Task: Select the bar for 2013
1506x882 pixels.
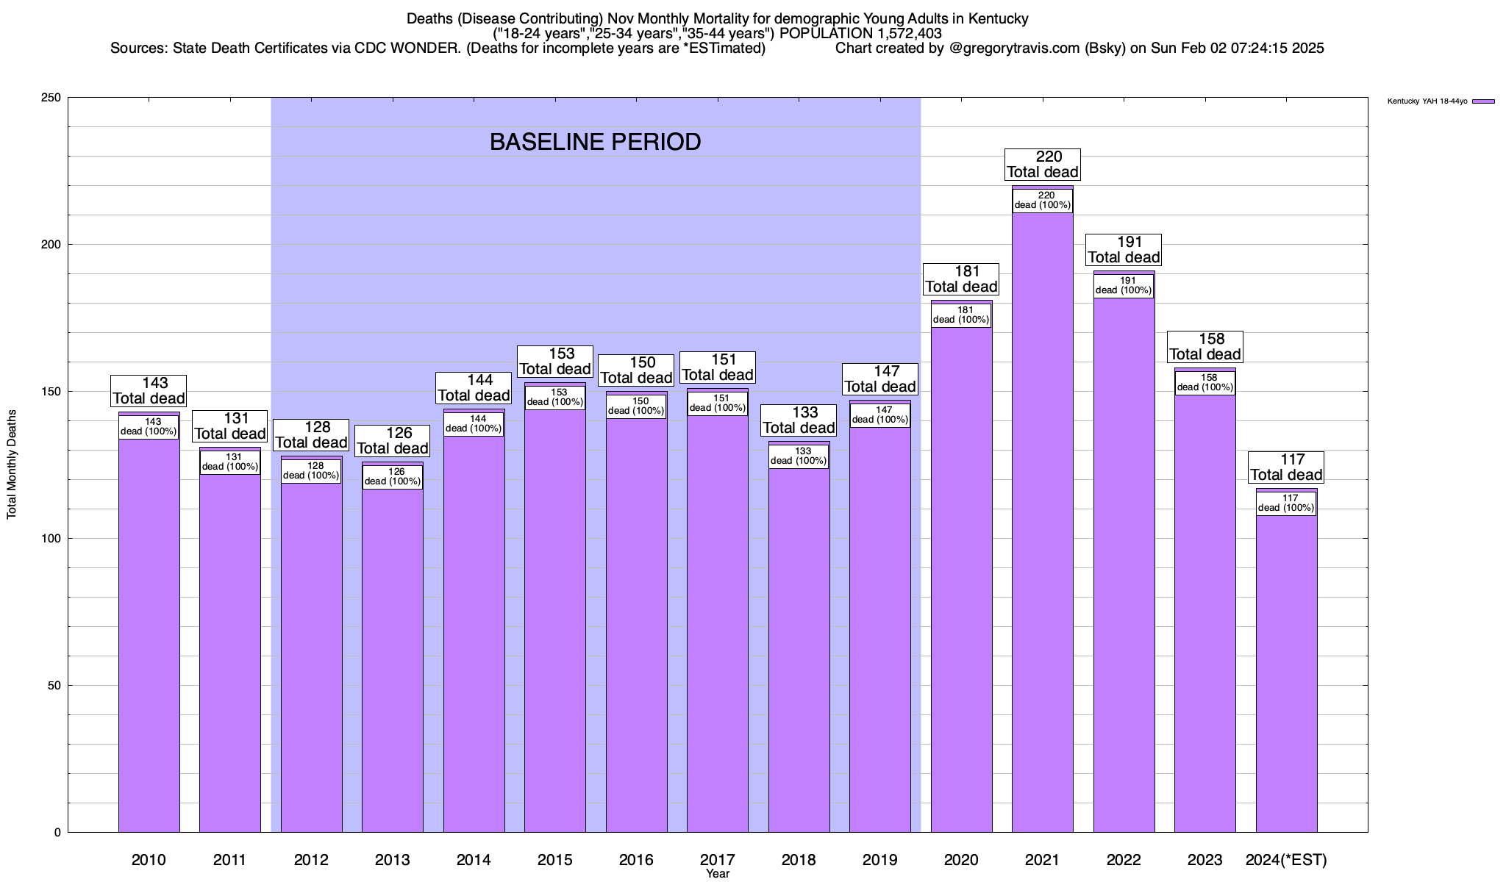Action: click(393, 661)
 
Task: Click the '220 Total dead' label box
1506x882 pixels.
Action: click(1043, 165)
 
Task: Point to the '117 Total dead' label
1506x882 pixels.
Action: click(1286, 467)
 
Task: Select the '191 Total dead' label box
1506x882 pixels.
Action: click(1124, 250)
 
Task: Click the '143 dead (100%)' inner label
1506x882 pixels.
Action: click(149, 427)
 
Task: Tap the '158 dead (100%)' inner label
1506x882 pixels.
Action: click(1205, 383)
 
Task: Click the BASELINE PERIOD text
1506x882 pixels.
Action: click(595, 142)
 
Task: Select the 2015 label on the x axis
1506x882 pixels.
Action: click(555, 860)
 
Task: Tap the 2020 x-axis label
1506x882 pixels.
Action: click(961, 860)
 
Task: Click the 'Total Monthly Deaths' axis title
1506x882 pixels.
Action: click(12, 465)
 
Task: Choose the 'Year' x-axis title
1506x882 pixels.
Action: click(717, 874)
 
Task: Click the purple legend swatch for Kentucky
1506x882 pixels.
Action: click(1483, 101)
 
